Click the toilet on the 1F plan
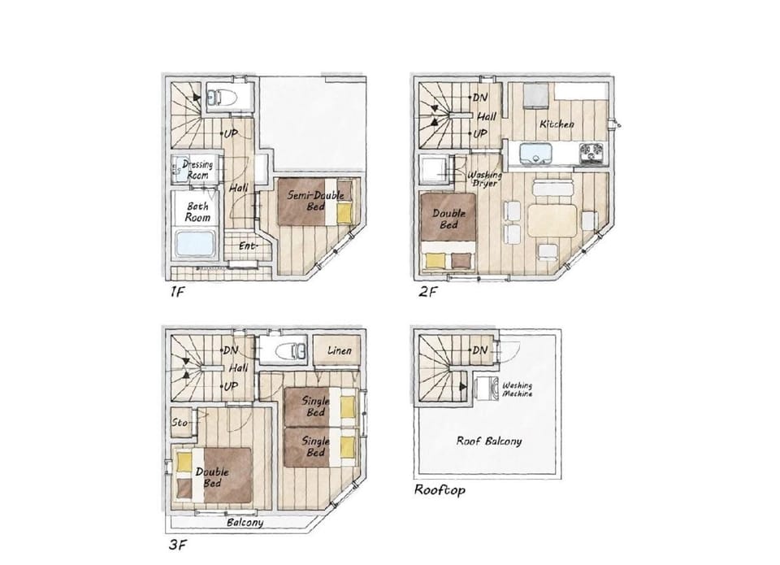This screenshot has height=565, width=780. (220, 97)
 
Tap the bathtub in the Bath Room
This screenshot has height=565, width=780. (196, 245)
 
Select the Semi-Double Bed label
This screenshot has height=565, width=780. (315, 200)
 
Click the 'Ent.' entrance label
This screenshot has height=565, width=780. (247, 246)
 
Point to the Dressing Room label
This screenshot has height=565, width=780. (198, 170)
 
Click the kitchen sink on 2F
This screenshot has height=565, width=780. (535, 153)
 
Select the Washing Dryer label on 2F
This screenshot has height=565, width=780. (484, 179)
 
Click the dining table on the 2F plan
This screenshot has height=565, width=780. (552, 220)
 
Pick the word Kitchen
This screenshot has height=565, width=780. (557, 124)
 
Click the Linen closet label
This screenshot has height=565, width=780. (340, 350)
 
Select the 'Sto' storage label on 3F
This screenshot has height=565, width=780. (180, 423)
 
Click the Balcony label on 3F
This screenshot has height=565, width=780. (245, 522)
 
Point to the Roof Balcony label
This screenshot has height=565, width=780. (489, 441)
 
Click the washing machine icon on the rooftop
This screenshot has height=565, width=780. (487, 389)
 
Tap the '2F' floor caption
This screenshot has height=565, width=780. (428, 291)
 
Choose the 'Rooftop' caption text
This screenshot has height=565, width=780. (440, 490)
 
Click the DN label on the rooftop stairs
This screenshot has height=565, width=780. (479, 350)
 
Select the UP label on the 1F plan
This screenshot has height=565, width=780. (230, 133)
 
